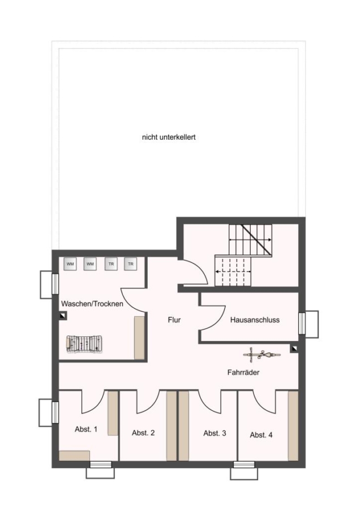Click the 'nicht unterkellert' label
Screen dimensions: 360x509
click(x=169, y=137)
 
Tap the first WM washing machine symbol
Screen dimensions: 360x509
click(x=70, y=264)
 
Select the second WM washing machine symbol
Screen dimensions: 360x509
click(x=90, y=264)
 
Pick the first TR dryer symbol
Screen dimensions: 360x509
click(x=111, y=264)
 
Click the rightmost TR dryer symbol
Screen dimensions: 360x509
click(x=130, y=264)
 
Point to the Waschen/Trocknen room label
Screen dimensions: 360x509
click(x=92, y=304)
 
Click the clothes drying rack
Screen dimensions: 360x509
click(x=84, y=344)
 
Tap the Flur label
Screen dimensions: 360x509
click(x=174, y=320)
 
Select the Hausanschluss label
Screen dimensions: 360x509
click(x=255, y=320)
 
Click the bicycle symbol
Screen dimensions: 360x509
click(x=262, y=355)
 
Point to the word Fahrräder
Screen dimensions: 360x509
click(x=243, y=372)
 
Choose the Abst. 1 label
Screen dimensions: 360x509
click(x=86, y=429)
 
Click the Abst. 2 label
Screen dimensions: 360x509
click(x=143, y=433)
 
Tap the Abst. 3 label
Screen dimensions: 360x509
click(x=215, y=433)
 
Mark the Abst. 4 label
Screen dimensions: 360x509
click(x=262, y=435)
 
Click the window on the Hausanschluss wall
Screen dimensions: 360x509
click(x=302, y=323)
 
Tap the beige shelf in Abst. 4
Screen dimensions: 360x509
click(x=293, y=425)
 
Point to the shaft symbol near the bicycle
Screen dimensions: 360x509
click(x=294, y=349)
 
